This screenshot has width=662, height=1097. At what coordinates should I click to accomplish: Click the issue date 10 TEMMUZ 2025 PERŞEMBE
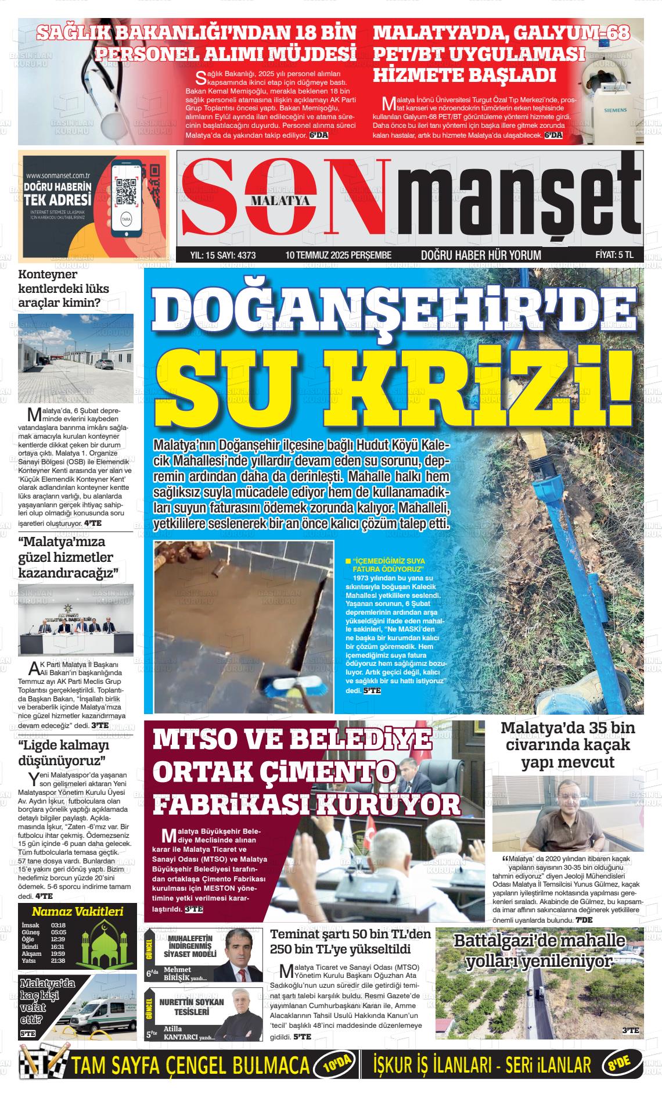click(x=339, y=255)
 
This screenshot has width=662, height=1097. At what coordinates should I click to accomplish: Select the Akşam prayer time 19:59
click(x=58, y=953)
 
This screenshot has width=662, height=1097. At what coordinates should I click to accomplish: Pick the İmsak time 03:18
click(x=58, y=926)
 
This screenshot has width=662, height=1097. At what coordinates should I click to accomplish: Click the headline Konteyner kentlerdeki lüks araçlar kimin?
click(x=60, y=288)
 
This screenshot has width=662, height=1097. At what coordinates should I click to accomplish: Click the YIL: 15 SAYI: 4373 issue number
click(x=223, y=255)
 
